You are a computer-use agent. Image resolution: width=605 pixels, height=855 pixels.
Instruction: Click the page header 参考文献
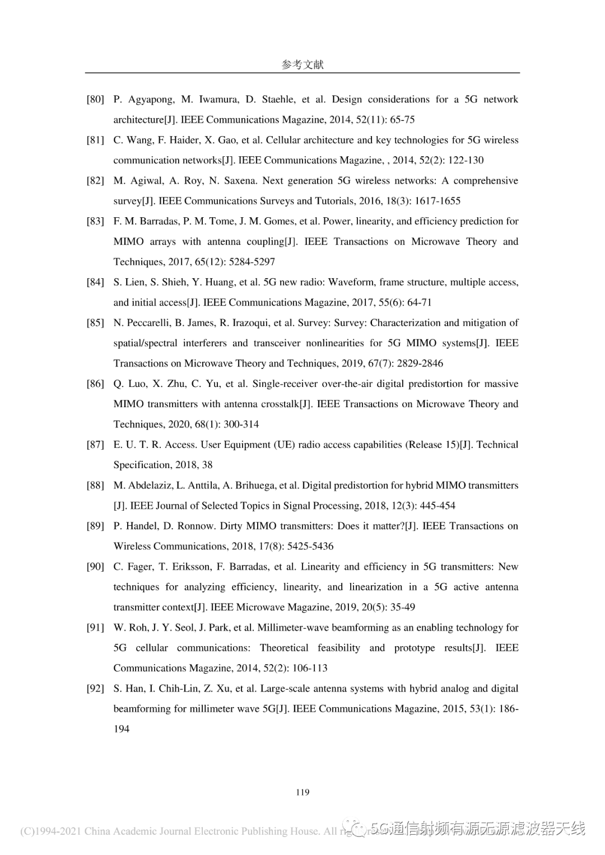(302, 64)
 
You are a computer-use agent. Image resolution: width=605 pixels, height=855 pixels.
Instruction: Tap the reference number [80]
(95, 100)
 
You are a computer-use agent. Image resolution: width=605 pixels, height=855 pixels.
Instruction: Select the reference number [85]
(95, 323)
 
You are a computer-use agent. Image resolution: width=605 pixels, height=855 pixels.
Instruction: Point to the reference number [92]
(95, 689)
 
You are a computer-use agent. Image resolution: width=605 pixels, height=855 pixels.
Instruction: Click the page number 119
(302, 792)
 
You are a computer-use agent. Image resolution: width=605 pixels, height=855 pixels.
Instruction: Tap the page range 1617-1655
(438, 201)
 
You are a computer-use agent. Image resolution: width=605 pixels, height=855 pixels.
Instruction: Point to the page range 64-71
(419, 303)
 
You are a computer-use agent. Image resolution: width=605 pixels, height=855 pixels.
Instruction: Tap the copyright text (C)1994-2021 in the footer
(50, 831)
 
